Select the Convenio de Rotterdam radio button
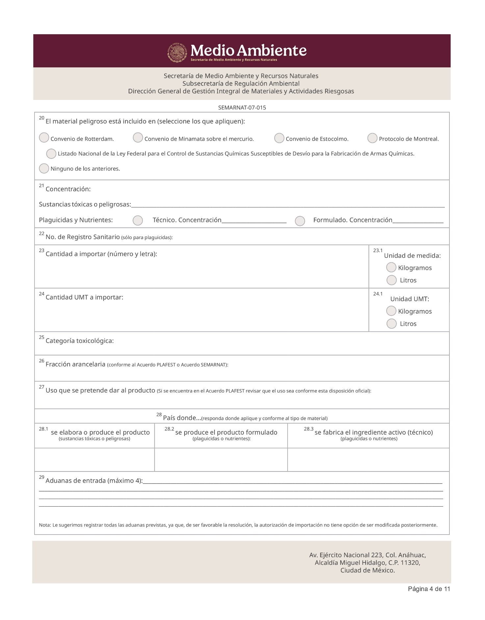click(x=44, y=138)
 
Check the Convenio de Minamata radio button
click(x=138, y=138)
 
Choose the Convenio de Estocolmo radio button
click(x=279, y=138)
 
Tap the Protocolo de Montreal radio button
click(x=372, y=138)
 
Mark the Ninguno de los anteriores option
click(x=44, y=168)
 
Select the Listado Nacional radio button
click(x=51, y=154)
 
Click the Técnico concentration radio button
click(x=138, y=221)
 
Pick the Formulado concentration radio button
click(x=300, y=221)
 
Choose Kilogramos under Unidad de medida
click(x=391, y=268)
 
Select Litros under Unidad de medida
click(x=392, y=280)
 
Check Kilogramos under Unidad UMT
click(x=391, y=311)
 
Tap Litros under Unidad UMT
click(x=392, y=324)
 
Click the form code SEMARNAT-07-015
click(x=242, y=107)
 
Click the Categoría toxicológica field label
click(x=80, y=341)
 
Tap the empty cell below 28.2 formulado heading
click(x=221, y=460)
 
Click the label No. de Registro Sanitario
click(x=83, y=237)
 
